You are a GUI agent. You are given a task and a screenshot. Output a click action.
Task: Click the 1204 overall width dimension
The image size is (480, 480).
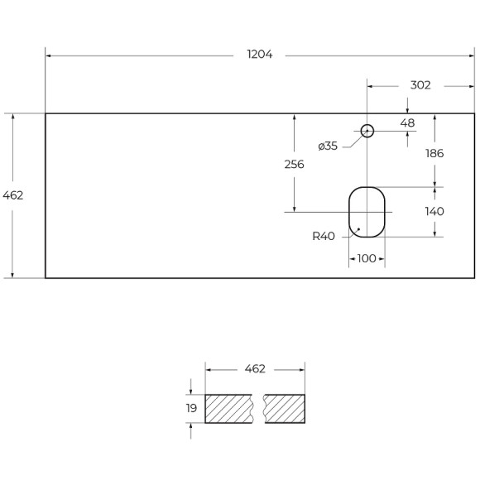pos(259,55)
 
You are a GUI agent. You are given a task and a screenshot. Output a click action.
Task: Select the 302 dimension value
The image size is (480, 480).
pos(420,85)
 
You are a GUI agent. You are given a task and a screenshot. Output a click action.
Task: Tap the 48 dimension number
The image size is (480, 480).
pos(407,123)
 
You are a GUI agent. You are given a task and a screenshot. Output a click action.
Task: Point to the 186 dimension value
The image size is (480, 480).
pos(434,153)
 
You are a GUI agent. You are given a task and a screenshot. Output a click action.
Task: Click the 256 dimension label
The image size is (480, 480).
pos(294,164)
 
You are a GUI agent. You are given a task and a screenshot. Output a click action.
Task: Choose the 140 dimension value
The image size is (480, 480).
pos(434,211)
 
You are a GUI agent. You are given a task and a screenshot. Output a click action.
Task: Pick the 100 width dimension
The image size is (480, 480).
pos(367,258)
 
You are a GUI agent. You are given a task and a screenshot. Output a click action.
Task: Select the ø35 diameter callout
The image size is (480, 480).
pos(328,146)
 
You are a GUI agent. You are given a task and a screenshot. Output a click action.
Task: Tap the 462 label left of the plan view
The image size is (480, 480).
pos(13,195)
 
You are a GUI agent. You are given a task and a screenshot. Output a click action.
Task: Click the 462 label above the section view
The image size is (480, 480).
pos(256,369)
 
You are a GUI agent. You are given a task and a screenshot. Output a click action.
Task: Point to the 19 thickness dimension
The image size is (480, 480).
pos(190,407)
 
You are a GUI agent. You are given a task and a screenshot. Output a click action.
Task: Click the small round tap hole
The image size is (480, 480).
pos(367,131)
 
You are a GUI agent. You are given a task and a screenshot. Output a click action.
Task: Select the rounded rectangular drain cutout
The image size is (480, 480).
pos(367,211)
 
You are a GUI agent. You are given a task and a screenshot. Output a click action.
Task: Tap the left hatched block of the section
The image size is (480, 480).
pos(229,408)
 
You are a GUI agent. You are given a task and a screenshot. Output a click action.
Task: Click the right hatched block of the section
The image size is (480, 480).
pos(285,408)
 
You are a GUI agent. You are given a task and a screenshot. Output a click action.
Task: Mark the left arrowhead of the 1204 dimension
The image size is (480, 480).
pos(49,55)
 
